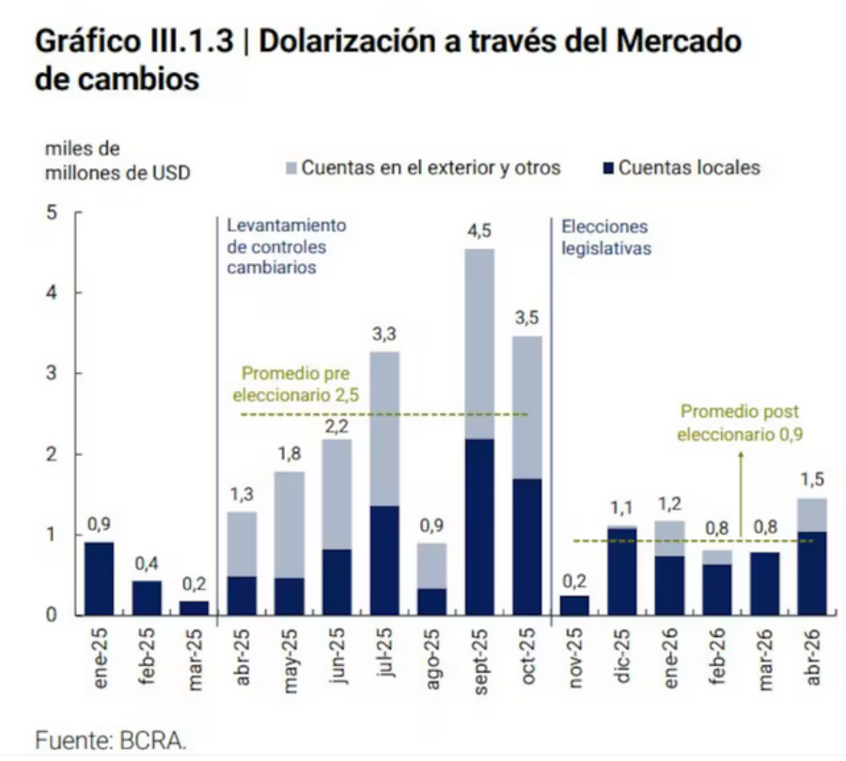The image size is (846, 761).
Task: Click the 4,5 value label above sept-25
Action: point(479,231)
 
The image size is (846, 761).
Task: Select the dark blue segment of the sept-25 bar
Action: point(479,527)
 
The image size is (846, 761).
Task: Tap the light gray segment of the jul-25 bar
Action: point(384,428)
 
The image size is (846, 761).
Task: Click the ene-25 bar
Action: point(100,579)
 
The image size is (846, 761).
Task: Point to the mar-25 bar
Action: point(195,609)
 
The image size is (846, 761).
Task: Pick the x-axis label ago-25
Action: point(431,659)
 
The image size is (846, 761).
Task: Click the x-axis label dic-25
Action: point(622,656)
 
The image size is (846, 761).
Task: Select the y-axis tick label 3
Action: point(52,373)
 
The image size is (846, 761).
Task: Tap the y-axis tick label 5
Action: point(52,212)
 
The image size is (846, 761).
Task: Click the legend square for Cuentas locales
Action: point(608,168)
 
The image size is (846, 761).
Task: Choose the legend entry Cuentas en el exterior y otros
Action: point(423,168)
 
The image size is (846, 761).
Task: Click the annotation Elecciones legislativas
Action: point(605,238)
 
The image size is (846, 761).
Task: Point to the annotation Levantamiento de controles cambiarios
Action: point(286,246)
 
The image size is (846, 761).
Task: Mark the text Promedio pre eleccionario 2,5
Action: point(296,384)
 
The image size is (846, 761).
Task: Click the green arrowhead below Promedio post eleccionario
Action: point(741,455)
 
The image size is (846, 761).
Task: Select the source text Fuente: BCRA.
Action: point(111,740)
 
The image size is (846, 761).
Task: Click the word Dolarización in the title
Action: point(348,41)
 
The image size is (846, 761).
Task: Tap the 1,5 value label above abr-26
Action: point(812,479)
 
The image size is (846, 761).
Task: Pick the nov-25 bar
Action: point(574,606)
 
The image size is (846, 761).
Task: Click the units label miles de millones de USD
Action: point(117,161)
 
